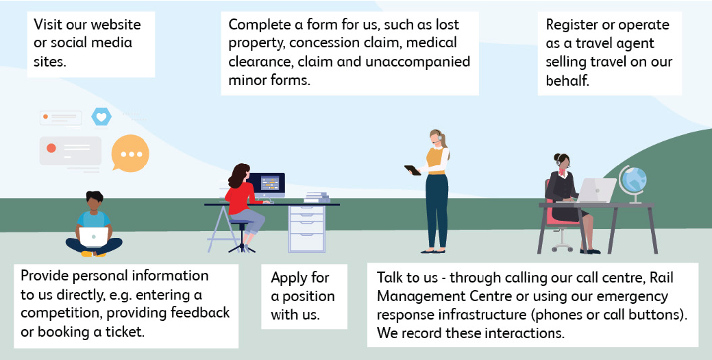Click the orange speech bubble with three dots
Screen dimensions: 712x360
(x=130, y=154)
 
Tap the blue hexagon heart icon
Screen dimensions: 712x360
(x=101, y=117)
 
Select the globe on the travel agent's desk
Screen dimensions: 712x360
(x=633, y=182)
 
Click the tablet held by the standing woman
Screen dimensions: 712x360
(x=413, y=170)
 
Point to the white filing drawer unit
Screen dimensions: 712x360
(x=307, y=228)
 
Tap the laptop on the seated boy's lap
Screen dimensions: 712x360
(x=94, y=237)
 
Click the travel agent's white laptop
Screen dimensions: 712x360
(x=597, y=191)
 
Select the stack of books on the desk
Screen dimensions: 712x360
(x=317, y=197)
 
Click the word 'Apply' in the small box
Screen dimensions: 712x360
(x=290, y=278)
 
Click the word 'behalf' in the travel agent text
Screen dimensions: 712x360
(x=567, y=80)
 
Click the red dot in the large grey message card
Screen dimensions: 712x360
(x=51, y=147)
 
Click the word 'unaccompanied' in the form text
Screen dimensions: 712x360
(x=418, y=61)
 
